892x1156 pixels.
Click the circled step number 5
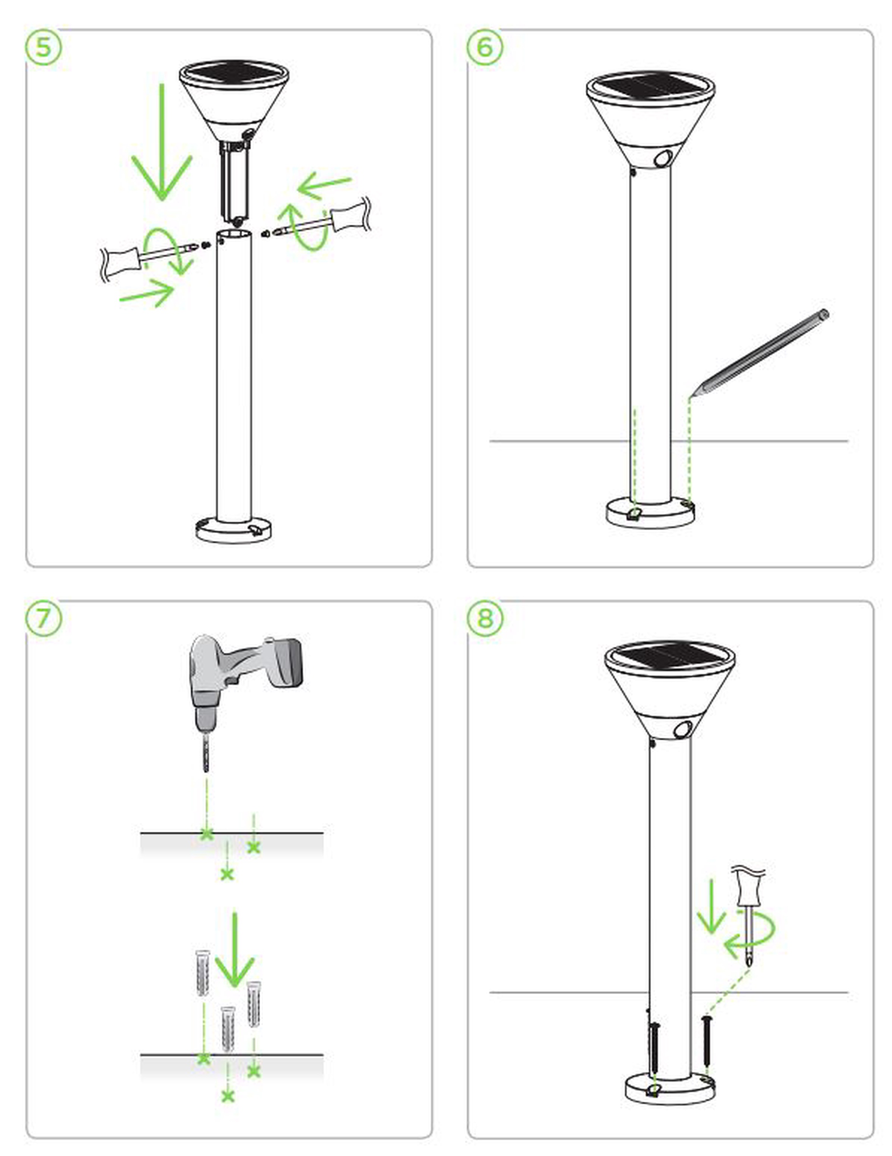click(43, 47)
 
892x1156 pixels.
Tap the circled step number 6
click(485, 47)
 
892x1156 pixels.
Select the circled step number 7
click(43, 618)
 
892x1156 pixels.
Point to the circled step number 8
click(485, 618)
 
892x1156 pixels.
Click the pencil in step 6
click(759, 354)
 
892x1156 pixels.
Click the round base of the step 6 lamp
click(650, 512)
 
